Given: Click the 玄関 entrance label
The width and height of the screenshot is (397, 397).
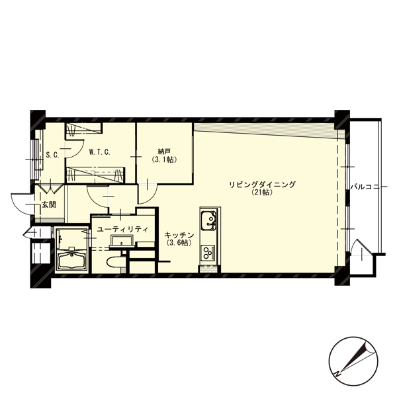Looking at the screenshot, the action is [x=48, y=204].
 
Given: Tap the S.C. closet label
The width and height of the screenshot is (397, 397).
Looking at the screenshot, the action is [x=53, y=155].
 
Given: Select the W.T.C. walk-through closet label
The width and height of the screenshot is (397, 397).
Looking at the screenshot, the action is [x=99, y=152].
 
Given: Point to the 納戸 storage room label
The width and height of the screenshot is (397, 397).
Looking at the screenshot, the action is [x=164, y=152].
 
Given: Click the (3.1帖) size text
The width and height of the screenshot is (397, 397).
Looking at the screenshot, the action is [x=164, y=159].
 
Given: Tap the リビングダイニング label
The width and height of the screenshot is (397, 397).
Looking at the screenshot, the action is [x=262, y=185].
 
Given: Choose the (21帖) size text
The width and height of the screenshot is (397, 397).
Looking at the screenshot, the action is [x=262, y=193].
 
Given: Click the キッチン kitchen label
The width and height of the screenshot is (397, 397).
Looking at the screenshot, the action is [x=179, y=235].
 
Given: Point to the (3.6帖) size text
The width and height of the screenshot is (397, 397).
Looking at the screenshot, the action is [x=179, y=243].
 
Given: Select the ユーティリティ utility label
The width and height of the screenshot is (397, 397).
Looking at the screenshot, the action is [x=122, y=230].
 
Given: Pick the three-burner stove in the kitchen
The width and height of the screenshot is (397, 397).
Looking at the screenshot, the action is [x=208, y=253].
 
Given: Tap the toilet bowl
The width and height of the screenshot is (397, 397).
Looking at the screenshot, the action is [x=115, y=262].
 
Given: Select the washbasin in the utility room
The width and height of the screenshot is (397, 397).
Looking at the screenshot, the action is [x=122, y=241].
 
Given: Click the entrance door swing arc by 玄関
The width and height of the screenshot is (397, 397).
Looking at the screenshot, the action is [x=20, y=203].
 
